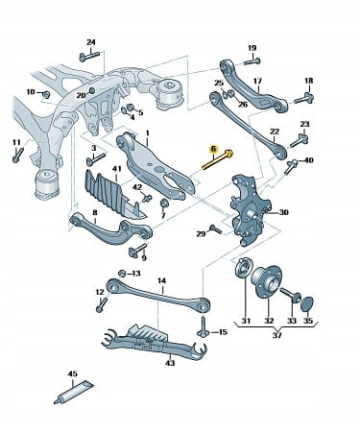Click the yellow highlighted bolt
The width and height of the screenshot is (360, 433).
point(218,160)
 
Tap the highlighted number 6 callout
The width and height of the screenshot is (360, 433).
point(213,149)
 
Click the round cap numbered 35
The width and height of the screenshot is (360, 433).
point(307,305)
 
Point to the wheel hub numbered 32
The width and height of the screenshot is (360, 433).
point(266,281)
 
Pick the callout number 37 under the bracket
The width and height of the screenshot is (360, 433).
point(277,335)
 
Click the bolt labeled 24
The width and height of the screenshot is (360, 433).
point(89,57)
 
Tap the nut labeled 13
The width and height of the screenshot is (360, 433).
point(122,273)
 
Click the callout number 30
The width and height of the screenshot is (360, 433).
point(283,212)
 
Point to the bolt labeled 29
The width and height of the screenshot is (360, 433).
point(215,229)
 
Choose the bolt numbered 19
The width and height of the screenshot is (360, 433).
point(252,61)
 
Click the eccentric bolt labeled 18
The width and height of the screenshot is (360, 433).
point(304,98)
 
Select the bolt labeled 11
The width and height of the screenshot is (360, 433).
point(18,155)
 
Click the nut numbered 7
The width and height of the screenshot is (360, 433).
point(163,203)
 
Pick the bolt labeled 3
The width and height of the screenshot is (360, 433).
point(96,159)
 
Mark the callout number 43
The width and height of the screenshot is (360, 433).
point(170,363)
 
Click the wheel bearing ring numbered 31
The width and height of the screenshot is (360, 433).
point(244,267)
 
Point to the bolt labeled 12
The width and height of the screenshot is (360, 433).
point(102,304)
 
